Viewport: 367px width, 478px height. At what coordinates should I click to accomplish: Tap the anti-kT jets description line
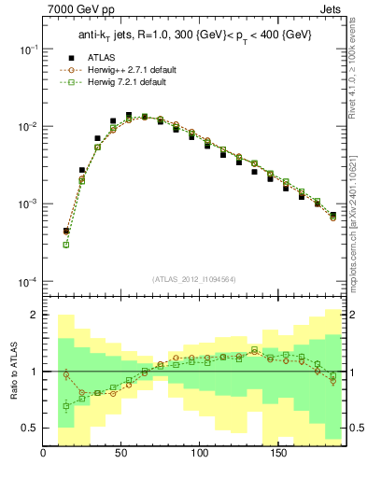pyautogui.click(x=194, y=35)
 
